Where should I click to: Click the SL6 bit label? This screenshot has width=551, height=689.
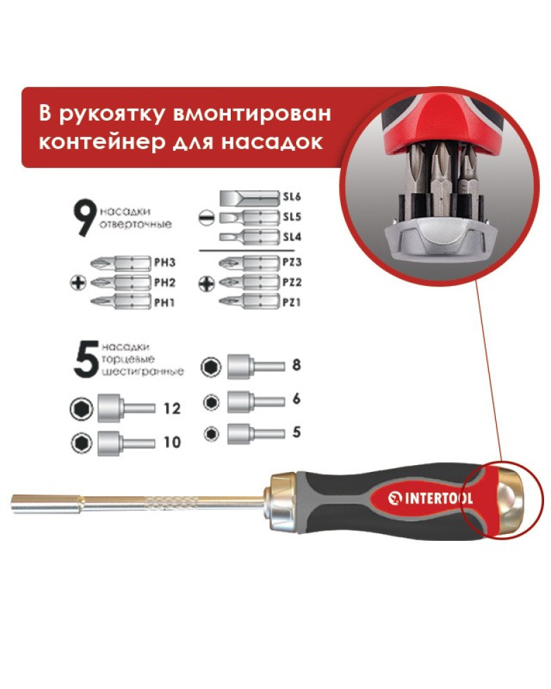tap(292, 196)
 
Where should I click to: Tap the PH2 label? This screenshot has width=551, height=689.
tap(165, 282)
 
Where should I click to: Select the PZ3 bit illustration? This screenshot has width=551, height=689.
tap(249, 263)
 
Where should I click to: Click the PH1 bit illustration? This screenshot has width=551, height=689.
tap(121, 302)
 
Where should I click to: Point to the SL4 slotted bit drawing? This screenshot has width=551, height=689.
tap(249, 237)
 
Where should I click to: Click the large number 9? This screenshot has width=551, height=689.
tap(85, 218)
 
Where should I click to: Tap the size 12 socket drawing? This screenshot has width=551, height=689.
tap(127, 408)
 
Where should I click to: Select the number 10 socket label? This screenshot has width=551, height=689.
tap(171, 442)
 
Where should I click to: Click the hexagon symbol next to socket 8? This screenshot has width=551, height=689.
tap(211, 367)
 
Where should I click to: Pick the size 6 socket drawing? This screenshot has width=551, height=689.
tap(256, 402)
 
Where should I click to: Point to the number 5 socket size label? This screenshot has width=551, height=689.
tap(297, 432)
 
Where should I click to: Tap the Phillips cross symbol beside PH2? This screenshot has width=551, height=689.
tap(79, 282)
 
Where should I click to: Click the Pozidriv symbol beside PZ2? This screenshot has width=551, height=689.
tap(207, 283)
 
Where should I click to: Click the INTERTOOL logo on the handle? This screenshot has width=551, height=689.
tap(430, 498)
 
